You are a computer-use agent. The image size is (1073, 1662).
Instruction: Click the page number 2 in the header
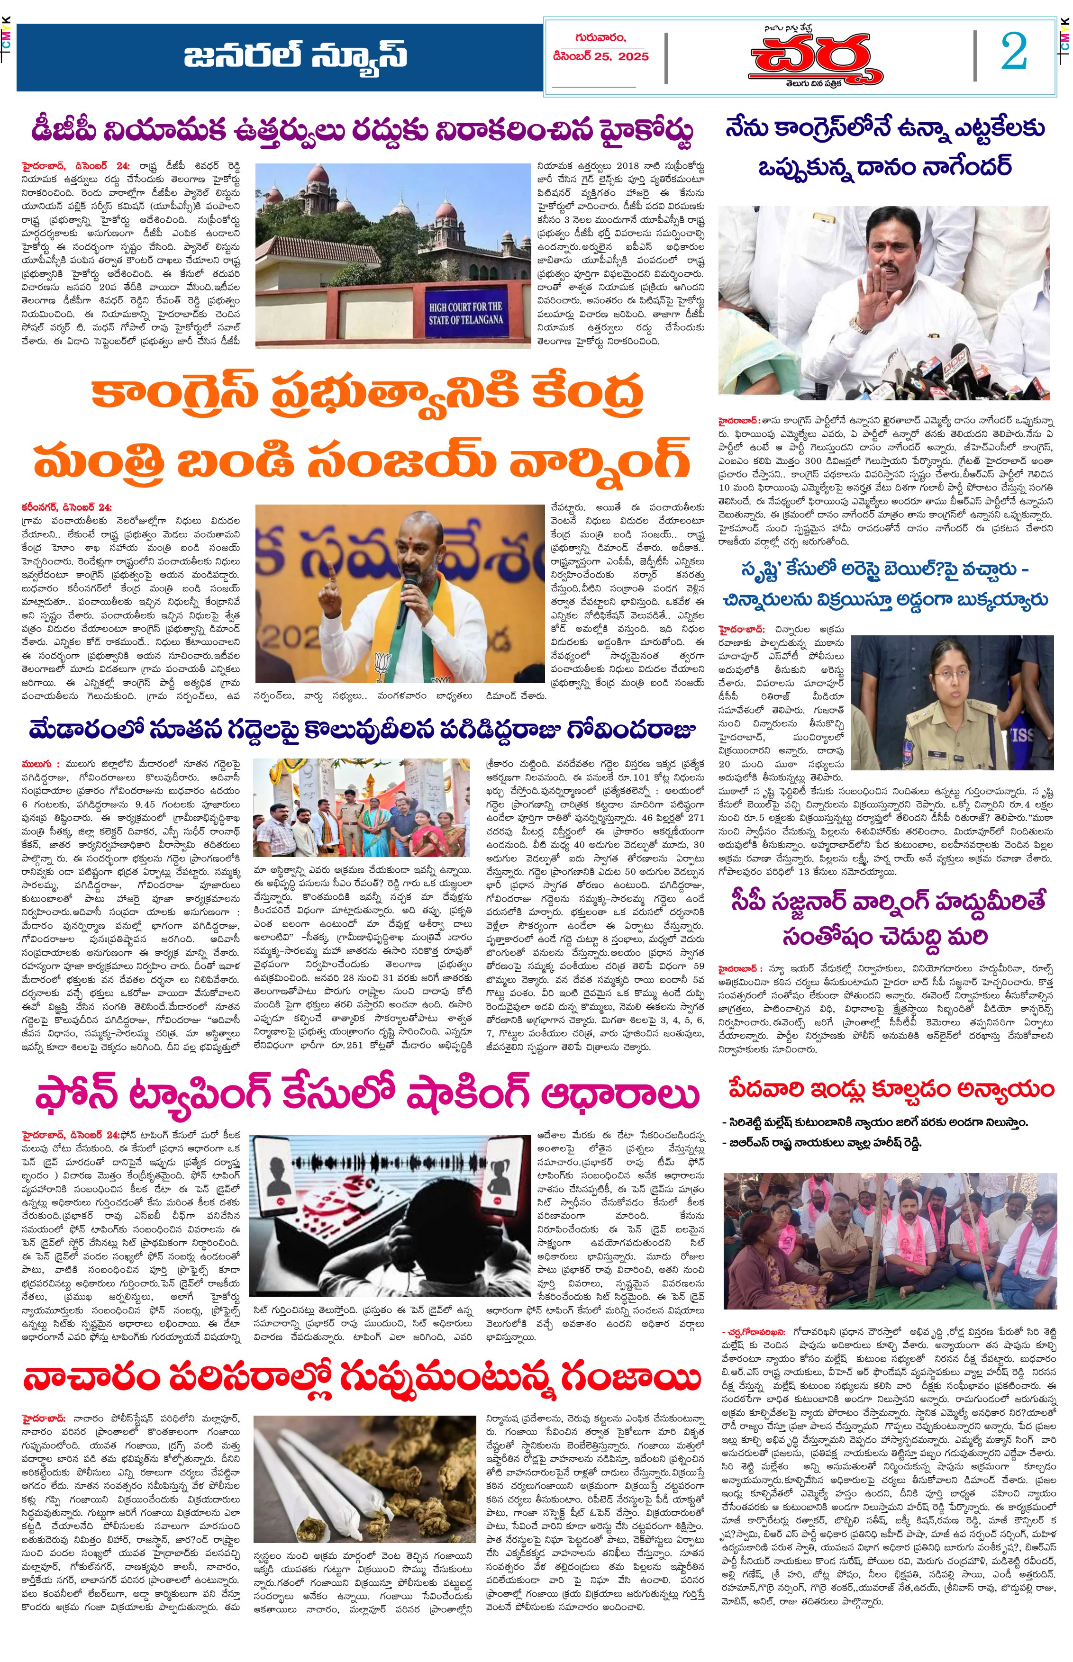(x=1014, y=52)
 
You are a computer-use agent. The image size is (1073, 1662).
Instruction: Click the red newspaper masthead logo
(x=815, y=60)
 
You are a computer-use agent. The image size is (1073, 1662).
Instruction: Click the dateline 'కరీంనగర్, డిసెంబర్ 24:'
(x=66, y=507)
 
